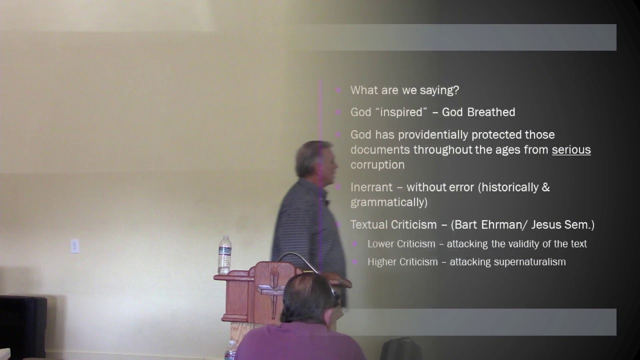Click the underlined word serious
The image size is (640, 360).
click(x=571, y=149)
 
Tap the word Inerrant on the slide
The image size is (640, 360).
click(x=371, y=187)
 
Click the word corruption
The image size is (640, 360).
click(x=377, y=164)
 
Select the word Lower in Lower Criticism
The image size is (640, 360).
click(x=380, y=244)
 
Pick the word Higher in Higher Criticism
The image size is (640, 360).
click(x=382, y=262)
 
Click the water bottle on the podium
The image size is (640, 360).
click(x=224, y=255)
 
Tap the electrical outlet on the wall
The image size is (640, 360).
click(x=75, y=246)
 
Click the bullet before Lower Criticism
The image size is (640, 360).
click(x=355, y=244)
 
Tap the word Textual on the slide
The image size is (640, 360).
click(x=368, y=225)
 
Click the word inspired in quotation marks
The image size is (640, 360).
click(x=402, y=112)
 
